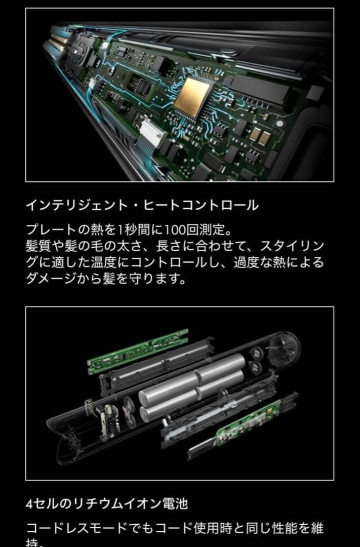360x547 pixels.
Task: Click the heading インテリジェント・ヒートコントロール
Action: click(x=142, y=205)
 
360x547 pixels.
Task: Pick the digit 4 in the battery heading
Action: click(x=29, y=504)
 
